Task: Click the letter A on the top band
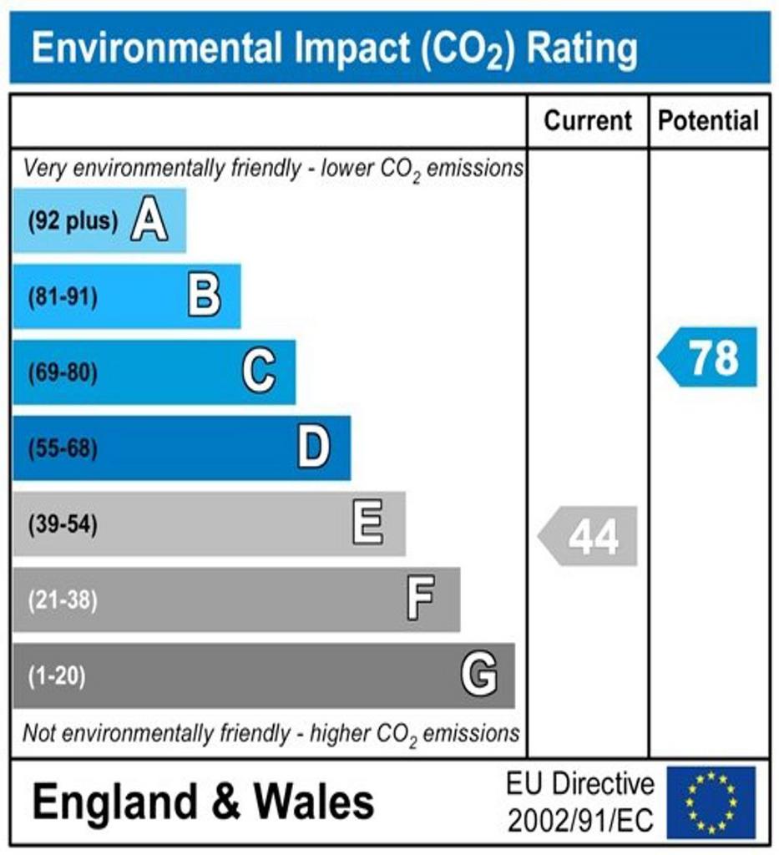pos(149,221)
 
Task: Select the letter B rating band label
pos(204,296)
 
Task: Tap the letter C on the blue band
pos(258,372)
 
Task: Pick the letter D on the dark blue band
pos(314,448)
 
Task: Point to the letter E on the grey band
pos(368,524)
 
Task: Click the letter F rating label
pos(421,600)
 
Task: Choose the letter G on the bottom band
pos(479,675)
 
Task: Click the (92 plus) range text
pos(73,222)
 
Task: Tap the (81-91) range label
pos(63,297)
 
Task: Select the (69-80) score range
pos(63,372)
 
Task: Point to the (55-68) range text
pos(63,449)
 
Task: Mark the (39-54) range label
pos(63,525)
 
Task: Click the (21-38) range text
pos(63,600)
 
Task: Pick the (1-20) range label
pos(57,675)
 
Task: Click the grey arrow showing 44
pos(589,536)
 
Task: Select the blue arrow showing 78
pos(710,357)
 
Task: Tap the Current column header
pos(588,121)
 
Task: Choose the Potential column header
pos(709,121)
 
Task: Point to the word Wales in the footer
pos(314,802)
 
